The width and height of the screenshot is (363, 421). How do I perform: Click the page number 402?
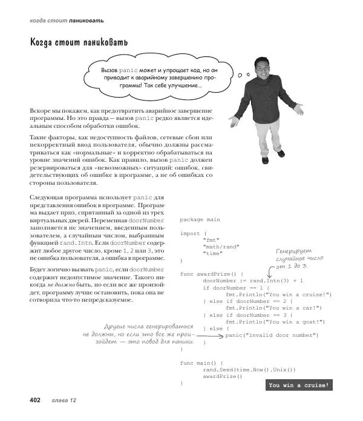[x=30, y=400]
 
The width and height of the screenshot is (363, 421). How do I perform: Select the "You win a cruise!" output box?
[x=299, y=385]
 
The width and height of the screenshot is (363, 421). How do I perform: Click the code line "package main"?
[x=200, y=220]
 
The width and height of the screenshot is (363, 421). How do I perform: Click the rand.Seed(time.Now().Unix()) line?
[x=249, y=370]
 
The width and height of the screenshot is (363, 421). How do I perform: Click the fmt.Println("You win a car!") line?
[x=273, y=308]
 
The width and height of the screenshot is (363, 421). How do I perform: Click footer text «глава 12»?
[x=64, y=400]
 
